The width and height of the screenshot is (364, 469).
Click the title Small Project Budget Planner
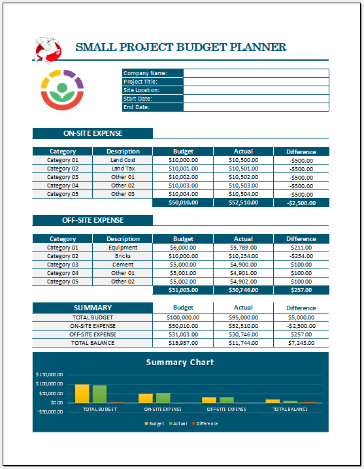point(181,47)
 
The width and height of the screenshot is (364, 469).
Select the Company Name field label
point(145,73)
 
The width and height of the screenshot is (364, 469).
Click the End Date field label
point(137,107)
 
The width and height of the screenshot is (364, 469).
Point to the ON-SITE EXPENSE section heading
point(92,133)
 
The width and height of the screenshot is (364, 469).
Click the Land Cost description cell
point(123,160)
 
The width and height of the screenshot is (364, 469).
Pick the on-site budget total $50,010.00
point(182,202)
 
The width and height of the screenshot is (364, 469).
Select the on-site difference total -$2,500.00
point(301,202)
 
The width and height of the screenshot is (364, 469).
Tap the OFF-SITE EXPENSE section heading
point(92,220)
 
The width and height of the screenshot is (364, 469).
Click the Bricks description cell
point(123,256)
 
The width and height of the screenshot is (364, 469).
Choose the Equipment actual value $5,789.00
point(243,248)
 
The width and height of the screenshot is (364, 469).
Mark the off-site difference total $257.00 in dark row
point(301,289)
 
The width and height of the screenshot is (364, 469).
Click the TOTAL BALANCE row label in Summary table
point(92,342)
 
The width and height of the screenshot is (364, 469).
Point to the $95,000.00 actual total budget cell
point(243,317)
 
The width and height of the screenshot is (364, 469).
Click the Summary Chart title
point(180,362)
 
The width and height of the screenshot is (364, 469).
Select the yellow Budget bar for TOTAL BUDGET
point(82,393)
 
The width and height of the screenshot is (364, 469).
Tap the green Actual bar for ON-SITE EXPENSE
point(163,397)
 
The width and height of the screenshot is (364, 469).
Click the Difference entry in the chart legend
point(207,423)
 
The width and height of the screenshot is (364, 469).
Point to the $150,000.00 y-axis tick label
point(50,374)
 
